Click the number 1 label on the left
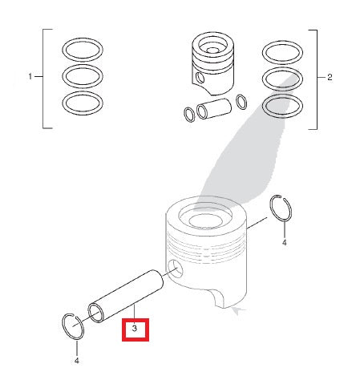click(x=30, y=77)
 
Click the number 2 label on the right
click(x=330, y=77)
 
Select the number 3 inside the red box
click(x=135, y=329)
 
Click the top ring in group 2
click(x=282, y=52)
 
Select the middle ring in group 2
click(x=282, y=79)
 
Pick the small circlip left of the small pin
click(x=189, y=115)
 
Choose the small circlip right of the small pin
click(x=241, y=102)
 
